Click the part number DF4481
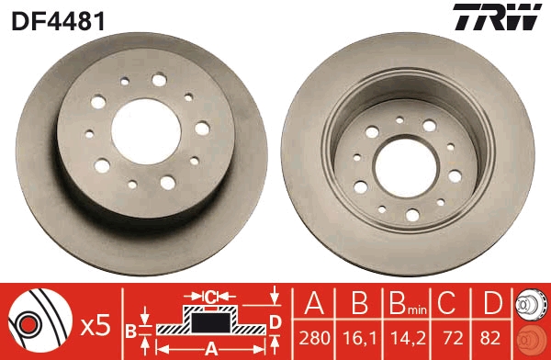[59, 21]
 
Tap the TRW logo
[497, 17]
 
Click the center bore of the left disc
[146, 131]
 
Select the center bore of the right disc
[406, 168]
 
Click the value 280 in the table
[314, 338]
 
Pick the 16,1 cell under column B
[359, 338]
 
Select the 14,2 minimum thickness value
[408, 338]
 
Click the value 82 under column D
[489, 338]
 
